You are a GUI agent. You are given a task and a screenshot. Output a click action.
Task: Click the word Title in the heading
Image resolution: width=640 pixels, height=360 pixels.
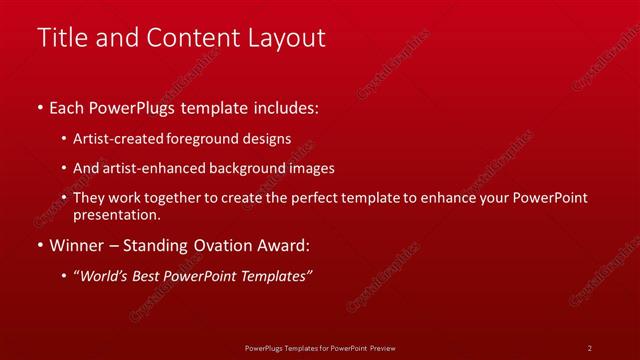(60, 38)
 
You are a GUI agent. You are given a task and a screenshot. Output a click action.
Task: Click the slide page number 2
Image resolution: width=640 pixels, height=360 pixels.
(590, 347)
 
